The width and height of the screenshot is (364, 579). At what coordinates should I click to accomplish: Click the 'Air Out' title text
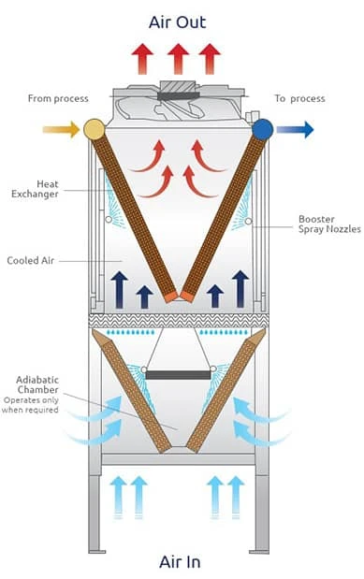(177, 22)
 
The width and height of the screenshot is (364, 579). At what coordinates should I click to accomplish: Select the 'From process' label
(58, 97)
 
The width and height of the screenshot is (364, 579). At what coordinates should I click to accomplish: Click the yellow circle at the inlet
(94, 128)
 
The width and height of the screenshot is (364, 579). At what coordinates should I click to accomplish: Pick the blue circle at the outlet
(262, 128)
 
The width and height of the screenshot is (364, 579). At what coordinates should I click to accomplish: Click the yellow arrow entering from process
(61, 129)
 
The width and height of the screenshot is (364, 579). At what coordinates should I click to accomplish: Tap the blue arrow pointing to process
(295, 129)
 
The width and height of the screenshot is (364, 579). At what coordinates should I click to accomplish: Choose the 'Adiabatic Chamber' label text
(38, 385)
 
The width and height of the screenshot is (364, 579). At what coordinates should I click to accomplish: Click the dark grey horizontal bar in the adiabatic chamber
(178, 375)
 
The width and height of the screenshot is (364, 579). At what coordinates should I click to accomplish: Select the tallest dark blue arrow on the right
(240, 288)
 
